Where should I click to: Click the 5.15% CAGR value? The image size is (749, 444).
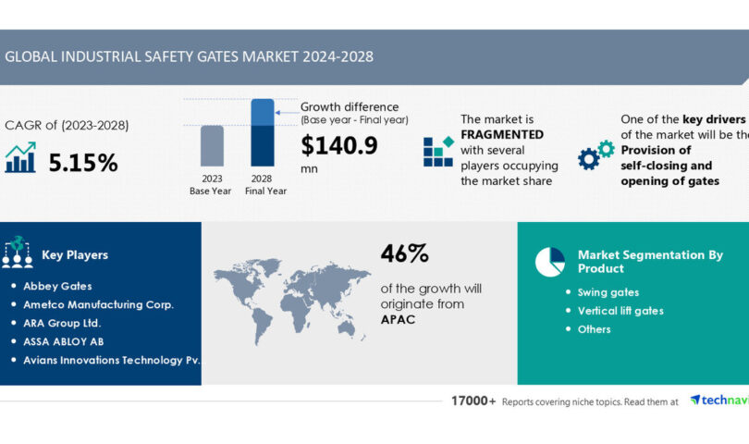83,164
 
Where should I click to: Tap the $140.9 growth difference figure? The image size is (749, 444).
339,145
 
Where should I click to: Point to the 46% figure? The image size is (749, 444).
404,253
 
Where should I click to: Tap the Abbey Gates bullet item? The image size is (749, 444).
57,286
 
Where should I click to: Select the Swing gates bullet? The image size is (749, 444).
608,292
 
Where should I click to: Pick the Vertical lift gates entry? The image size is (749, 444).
620,311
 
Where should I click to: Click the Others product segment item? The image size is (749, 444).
594,329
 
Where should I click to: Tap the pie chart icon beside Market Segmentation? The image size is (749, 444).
549,262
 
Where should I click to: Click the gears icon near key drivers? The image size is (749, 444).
596,154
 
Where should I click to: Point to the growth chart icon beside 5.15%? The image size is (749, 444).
19,158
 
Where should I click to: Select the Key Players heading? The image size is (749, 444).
75,254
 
